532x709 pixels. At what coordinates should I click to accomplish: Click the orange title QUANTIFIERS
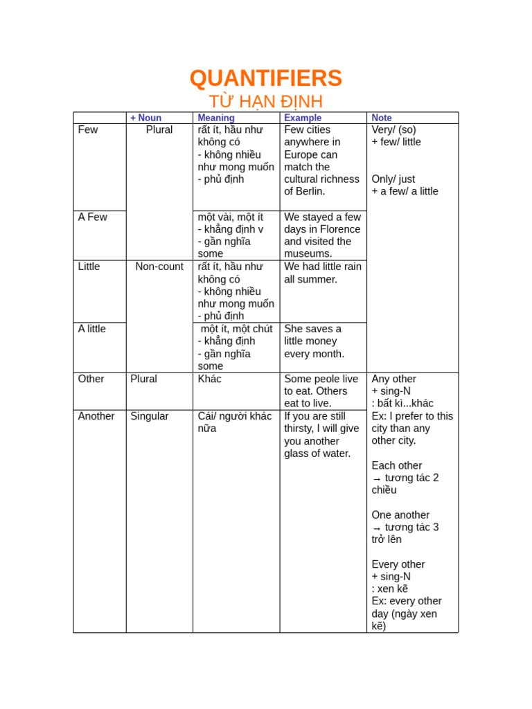pos(265,78)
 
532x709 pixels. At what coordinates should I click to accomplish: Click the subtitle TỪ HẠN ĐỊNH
pos(265,102)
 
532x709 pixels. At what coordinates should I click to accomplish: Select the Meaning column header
pos(216,118)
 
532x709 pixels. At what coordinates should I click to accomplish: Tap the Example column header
pos(303,118)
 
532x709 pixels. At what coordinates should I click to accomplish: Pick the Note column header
pos(382,118)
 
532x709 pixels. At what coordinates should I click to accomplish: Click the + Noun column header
pos(145,118)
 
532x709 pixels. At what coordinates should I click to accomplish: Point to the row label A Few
pos(93,217)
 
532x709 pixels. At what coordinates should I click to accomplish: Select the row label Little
pos(89,267)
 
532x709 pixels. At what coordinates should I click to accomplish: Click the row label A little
pos(92,329)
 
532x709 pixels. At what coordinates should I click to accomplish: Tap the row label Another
pos(96,416)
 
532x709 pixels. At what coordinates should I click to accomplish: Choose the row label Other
pos(91,379)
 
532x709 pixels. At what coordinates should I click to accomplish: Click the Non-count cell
pos(159,267)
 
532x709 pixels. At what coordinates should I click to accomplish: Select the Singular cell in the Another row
pos(150,416)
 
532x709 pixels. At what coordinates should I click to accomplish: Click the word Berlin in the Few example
pos(311,191)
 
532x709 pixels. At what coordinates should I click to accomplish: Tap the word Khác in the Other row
pos(210,379)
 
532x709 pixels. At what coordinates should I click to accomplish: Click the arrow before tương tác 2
pos(377,478)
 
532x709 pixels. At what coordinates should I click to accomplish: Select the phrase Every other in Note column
pos(398,564)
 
